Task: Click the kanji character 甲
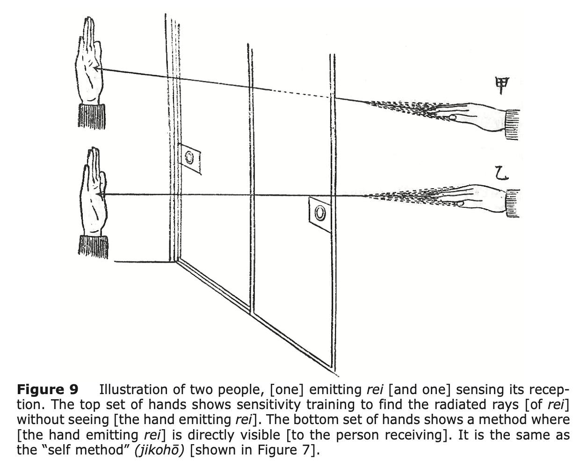tap(502, 86)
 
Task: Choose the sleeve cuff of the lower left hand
tap(94, 247)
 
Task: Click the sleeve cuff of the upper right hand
tap(513, 124)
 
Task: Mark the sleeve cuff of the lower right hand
tap(513, 204)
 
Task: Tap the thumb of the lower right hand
tap(461, 203)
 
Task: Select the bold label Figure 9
tap(48, 389)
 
